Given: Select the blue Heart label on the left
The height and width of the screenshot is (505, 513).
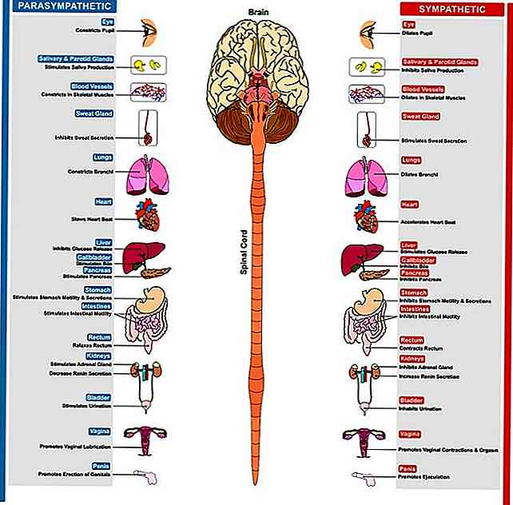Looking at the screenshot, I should pos(103,201).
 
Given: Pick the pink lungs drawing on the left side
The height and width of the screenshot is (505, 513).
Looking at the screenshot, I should pos(147,175).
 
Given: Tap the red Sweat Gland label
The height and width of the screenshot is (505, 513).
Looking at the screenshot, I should pos(421,116).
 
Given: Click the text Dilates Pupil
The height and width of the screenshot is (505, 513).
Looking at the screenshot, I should pos(418,34).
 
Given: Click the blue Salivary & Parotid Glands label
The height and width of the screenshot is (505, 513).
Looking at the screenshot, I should pos(75,59).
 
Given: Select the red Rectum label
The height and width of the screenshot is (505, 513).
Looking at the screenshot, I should pos(411,340).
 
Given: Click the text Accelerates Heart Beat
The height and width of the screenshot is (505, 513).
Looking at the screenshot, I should pos(427,221).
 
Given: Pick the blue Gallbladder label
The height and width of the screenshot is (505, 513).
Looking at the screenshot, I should pos(94,258).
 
